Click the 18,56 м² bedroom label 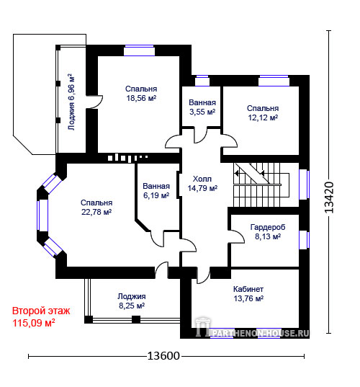pyautogui.click(x=141, y=94)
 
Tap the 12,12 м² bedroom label pyautogui.click(x=263, y=113)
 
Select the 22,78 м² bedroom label pyautogui.click(x=96, y=208)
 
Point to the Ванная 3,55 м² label pyautogui.click(x=202, y=107)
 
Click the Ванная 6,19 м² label pyautogui.click(x=156, y=191)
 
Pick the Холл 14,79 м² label pyautogui.click(x=202, y=183)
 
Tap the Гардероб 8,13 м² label pyautogui.click(x=268, y=232)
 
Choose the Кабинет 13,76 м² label pyautogui.click(x=248, y=294)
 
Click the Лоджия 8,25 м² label pyautogui.click(x=132, y=301)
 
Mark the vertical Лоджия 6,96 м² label pyautogui.click(x=71, y=102)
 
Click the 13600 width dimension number pyautogui.click(x=163, y=356)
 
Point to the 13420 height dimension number pyautogui.click(x=329, y=197)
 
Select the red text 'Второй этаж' pyautogui.click(x=41, y=311)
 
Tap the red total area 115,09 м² pyautogui.click(x=34, y=323)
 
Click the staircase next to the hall pyautogui.click(x=261, y=184)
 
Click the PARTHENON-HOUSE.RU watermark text pyautogui.click(x=260, y=334)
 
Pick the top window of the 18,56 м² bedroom pyautogui.click(x=139, y=50)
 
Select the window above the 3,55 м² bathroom pyautogui.click(x=202, y=81)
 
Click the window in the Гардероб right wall pyautogui.click(x=304, y=240)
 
